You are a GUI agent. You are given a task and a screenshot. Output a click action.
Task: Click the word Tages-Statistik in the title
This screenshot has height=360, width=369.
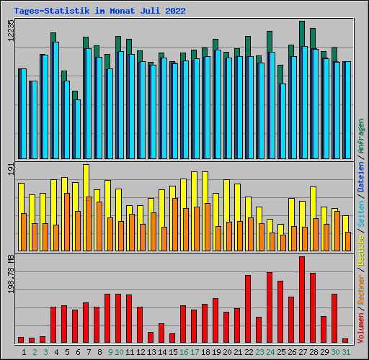52,11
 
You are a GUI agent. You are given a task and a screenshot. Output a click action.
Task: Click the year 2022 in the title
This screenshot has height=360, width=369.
175,11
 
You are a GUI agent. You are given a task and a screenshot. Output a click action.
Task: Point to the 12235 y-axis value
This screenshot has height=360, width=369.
11,30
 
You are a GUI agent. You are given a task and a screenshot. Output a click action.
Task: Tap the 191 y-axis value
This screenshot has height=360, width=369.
11,168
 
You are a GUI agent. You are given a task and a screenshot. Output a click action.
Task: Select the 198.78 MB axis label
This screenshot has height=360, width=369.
11,274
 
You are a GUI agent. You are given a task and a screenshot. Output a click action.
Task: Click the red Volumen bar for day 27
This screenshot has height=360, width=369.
302,300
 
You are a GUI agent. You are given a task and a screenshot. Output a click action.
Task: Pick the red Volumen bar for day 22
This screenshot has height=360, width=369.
248,309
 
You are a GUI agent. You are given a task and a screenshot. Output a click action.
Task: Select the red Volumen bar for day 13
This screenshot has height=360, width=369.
151,337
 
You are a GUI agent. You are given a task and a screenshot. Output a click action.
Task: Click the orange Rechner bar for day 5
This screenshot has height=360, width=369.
67,222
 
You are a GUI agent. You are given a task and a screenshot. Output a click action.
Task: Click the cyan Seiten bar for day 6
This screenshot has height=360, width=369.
77,129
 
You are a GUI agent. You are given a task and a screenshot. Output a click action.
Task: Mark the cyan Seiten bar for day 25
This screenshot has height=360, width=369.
283,121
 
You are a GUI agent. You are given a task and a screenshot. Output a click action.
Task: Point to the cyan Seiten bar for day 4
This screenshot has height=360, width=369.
55,100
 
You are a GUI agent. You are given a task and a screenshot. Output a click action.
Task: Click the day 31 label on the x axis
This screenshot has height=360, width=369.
346,352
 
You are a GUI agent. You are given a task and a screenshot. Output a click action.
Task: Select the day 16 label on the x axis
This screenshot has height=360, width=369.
184,352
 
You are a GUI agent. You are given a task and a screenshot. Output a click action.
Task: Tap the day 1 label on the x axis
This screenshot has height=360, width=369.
24,352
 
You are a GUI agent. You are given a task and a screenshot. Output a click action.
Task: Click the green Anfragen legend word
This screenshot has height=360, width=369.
361,136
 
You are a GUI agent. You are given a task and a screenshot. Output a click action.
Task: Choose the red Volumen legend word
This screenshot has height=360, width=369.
361,328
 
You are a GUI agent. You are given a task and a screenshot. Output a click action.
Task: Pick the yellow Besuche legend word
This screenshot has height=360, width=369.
361,250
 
